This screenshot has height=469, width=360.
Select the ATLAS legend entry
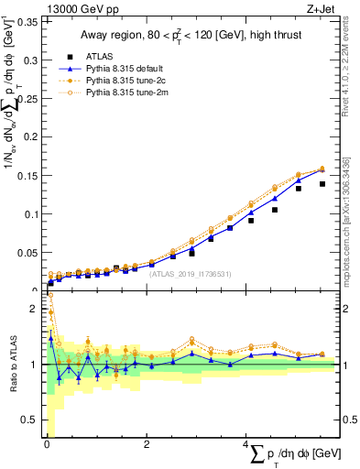(x=108, y=56)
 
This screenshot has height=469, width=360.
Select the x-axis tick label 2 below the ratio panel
(x=147, y=445)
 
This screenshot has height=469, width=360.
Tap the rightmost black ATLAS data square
(x=322, y=184)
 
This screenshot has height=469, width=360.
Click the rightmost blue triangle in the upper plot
(x=322, y=169)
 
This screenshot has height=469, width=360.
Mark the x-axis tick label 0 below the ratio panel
(x=48, y=445)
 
